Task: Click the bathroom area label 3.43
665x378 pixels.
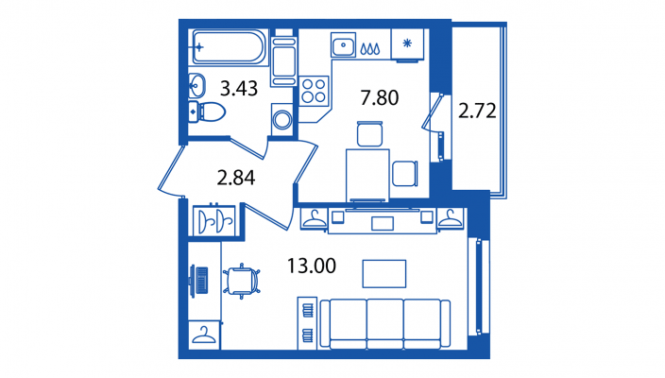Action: pyautogui.click(x=239, y=89)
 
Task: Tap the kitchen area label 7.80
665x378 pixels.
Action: pyautogui.click(x=379, y=97)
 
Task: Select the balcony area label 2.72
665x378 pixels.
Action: pyautogui.click(x=477, y=111)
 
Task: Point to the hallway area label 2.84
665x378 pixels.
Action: pyautogui.click(x=236, y=178)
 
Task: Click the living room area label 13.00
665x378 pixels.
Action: pyautogui.click(x=312, y=266)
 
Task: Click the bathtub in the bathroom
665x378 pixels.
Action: pyautogui.click(x=230, y=46)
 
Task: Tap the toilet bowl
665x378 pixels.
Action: pyautogui.click(x=207, y=112)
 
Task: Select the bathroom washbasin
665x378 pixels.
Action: pyautogui.click(x=196, y=86)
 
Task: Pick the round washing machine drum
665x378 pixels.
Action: pyautogui.click(x=282, y=119)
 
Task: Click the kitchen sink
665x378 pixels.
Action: pyautogui.click(x=343, y=44)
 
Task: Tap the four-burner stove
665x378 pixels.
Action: pyautogui.click(x=314, y=91)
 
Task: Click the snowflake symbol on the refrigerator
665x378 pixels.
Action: pyautogui.click(x=407, y=43)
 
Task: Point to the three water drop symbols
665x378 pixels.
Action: pyautogui.click(x=370, y=48)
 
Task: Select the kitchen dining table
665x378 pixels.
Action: pyautogui.click(x=367, y=175)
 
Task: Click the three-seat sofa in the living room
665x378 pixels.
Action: pyautogui.click(x=385, y=324)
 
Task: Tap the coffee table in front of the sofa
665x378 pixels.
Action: pyautogui.click(x=384, y=274)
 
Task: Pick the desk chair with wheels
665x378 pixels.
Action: pyautogui.click(x=241, y=281)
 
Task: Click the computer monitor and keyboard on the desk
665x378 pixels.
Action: pyautogui.click(x=199, y=280)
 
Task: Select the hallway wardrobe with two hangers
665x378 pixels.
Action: pyautogui.click(x=214, y=220)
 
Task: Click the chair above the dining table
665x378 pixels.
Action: pyautogui.click(x=370, y=133)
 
